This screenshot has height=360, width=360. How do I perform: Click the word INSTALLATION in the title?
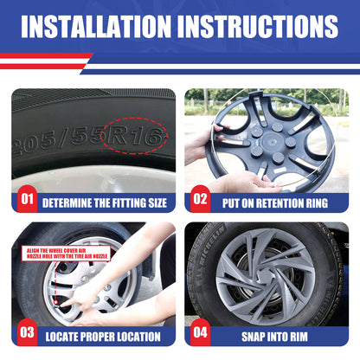(96, 26)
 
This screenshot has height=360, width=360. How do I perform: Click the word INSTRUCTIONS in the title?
(258, 26)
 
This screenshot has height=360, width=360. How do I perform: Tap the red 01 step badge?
(28, 199)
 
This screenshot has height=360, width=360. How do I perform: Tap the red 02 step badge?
(200, 199)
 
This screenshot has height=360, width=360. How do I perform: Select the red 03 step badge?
(27, 332)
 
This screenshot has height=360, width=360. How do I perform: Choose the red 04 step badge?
(200, 332)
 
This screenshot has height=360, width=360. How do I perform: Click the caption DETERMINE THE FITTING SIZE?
(105, 203)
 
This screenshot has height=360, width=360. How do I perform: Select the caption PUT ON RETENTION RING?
(275, 203)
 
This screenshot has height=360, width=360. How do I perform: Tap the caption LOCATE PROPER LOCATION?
(103, 337)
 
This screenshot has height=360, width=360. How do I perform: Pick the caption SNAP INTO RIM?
(274, 337)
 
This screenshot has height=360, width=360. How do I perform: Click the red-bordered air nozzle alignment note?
(67, 254)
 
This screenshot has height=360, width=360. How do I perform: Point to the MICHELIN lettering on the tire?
(209, 251)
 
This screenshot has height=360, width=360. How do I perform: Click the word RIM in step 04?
(298, 337)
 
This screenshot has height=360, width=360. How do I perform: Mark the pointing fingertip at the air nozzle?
(62, 304)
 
